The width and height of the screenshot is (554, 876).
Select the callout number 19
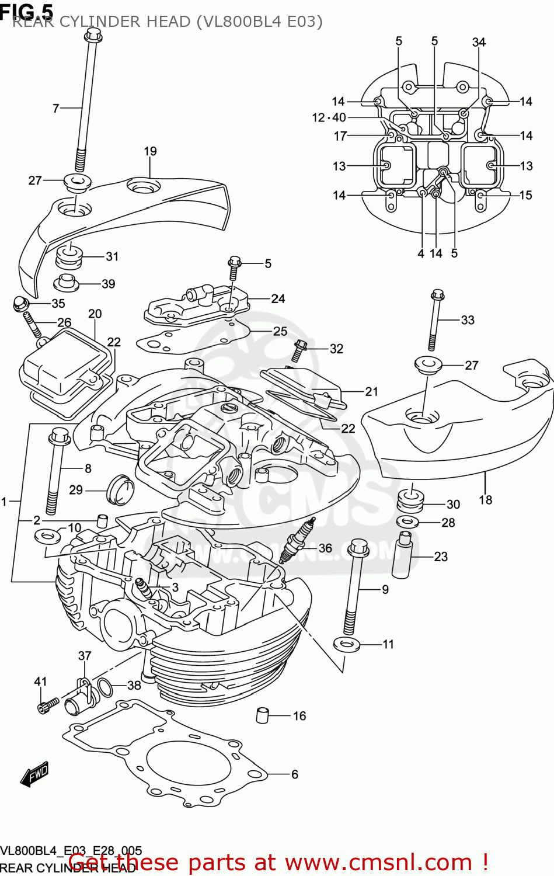(150, 151)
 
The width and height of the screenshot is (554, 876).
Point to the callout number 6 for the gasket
(294, 774)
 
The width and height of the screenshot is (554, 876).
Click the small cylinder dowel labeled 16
(263, 715)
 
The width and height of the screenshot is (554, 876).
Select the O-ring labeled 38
(105, 688)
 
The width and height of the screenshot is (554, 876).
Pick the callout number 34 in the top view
(479, 42)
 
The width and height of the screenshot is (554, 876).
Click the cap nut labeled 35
(21, 304)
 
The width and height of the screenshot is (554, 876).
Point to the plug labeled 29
(120, 490)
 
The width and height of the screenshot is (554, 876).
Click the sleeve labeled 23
(402, 555)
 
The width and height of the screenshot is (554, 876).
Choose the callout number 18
(485, 500)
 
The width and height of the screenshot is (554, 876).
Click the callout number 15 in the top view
(525, 195)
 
